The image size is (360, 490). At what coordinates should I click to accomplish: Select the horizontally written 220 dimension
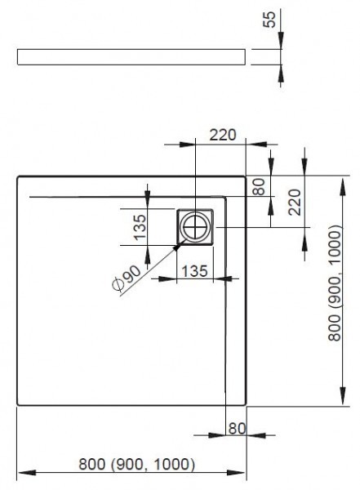[221, 136]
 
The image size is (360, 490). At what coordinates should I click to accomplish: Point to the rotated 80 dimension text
[259, 186]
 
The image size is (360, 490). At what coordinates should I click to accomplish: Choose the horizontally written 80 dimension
[237, 428]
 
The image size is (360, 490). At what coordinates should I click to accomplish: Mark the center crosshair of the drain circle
[196, 226]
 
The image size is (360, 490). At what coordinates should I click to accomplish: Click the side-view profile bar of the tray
[131, 56]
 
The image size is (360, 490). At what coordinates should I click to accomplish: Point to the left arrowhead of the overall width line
[22, 474]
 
